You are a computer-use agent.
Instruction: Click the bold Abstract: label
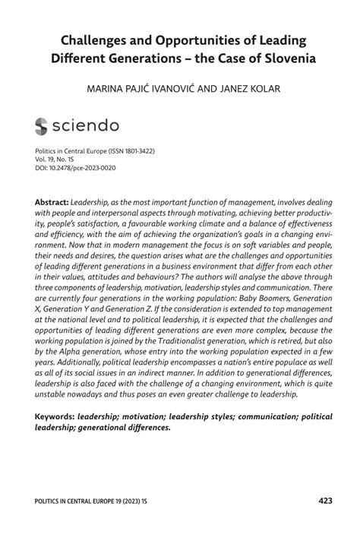(x=51, y=204)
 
